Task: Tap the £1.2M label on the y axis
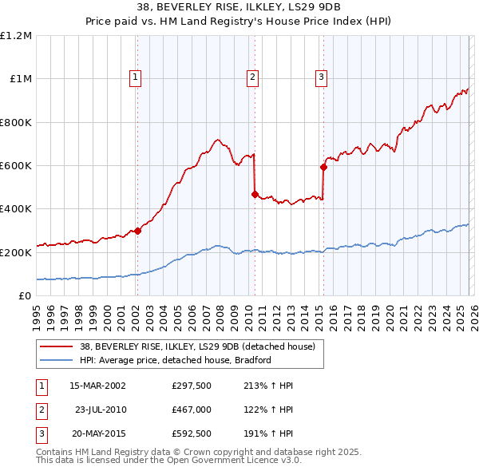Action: click(x=16, y=36)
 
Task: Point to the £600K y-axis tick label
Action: click(x=16, y=165)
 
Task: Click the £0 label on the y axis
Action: click(x=25, y=295)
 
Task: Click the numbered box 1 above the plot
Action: click(x=136, y=77)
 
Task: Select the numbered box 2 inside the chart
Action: click(x=252, y=77)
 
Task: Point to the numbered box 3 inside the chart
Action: click(x=321, y=77)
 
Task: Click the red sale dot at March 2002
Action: click(x=137, y=231)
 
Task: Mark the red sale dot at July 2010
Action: click(x=255, y=194)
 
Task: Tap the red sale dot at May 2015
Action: click(x=323, y=167)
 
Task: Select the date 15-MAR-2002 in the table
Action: click(x=97, y=386)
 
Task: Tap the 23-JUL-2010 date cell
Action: click(x=100, y=410)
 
